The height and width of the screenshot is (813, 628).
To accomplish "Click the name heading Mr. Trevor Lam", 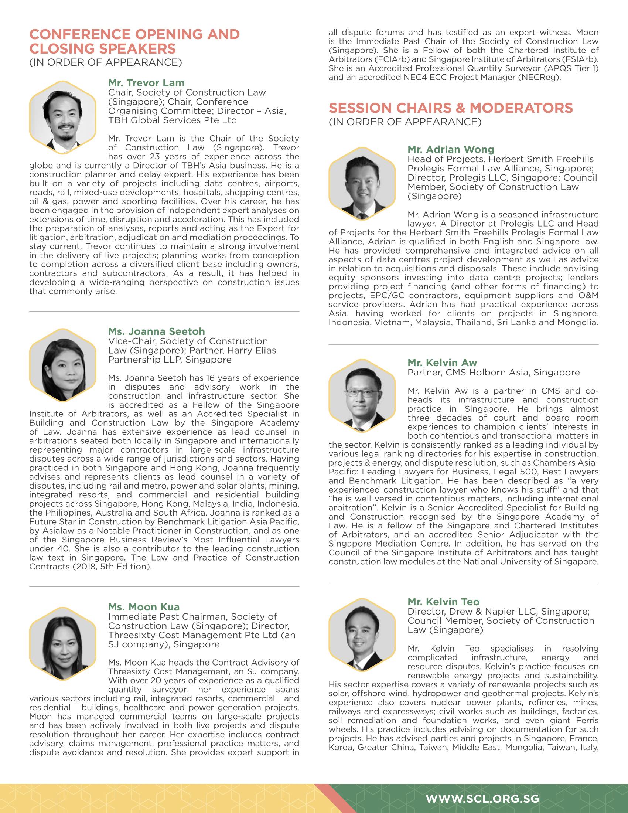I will click(146, 83).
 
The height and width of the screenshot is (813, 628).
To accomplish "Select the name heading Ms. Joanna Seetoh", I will click(156, 331).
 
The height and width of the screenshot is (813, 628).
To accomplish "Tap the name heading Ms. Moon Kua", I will click(144, 607).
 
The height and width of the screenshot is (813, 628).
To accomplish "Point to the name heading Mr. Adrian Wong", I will click(451, 149).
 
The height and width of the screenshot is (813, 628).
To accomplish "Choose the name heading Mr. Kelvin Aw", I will click(442, 363).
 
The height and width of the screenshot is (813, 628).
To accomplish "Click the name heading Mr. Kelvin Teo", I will click(443, 602).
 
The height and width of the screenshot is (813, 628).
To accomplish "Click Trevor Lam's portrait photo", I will click(63, 118).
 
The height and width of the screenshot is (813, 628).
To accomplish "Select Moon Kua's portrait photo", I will click(63, 643).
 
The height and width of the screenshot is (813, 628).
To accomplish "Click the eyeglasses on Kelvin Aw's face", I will click(361, 392).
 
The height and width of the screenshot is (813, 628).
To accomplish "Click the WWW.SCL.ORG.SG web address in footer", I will click(482, 798).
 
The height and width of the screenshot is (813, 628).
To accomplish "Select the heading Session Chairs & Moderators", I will click(451, 108).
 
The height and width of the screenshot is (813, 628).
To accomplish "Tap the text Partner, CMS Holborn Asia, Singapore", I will click(493, 372).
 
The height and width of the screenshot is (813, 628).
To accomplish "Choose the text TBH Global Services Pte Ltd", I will click(172, 120).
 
